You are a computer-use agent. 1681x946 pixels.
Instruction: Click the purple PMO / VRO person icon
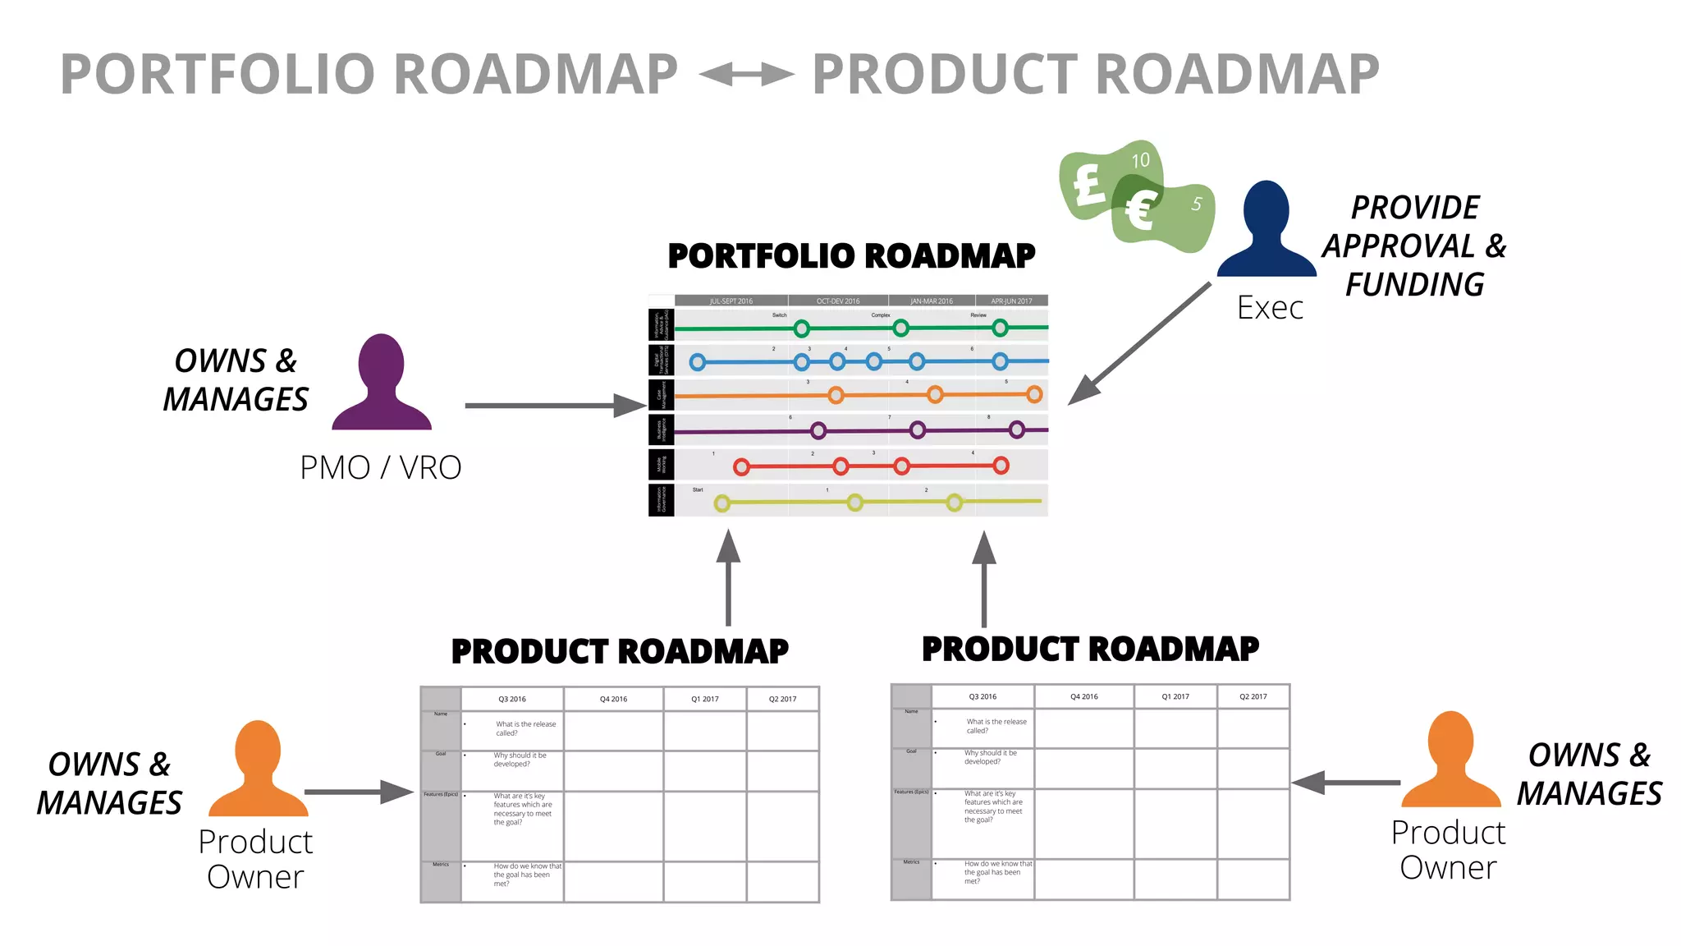tap(382, 383)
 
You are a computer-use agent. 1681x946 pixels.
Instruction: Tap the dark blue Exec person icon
tap(1266, 231)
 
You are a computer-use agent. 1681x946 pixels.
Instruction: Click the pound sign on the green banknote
tap(1088, 184)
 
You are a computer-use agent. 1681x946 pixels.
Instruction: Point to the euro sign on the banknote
tap(1141, 210)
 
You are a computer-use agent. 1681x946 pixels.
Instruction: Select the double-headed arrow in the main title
tap(745, 75)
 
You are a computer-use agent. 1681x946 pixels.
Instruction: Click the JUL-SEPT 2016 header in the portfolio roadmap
tap(731, 301)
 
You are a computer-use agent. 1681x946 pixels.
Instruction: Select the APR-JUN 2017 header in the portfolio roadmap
tap(1011, 301)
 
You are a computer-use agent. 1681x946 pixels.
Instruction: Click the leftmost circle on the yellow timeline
tap(721, 503)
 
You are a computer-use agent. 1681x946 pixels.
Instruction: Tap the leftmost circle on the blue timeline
tap(698, 362)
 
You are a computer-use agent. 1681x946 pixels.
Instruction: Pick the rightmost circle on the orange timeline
tap(1034, 394)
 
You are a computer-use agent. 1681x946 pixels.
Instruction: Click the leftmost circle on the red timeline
tap(741, 467)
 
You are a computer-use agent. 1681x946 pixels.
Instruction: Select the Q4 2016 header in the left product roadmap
tap(613, 700)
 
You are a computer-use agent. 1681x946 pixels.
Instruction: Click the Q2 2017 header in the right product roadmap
tap(1253, 696)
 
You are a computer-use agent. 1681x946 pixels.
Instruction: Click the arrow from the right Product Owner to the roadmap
tap(1346, 783)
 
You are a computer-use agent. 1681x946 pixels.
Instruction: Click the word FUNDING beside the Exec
tap(1414, 285)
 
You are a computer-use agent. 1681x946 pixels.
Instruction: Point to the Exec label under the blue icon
tap(1270, 308)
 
